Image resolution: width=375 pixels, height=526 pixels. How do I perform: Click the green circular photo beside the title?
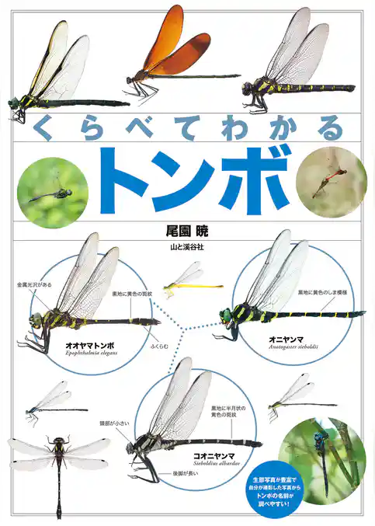click(x=53, y=192)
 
